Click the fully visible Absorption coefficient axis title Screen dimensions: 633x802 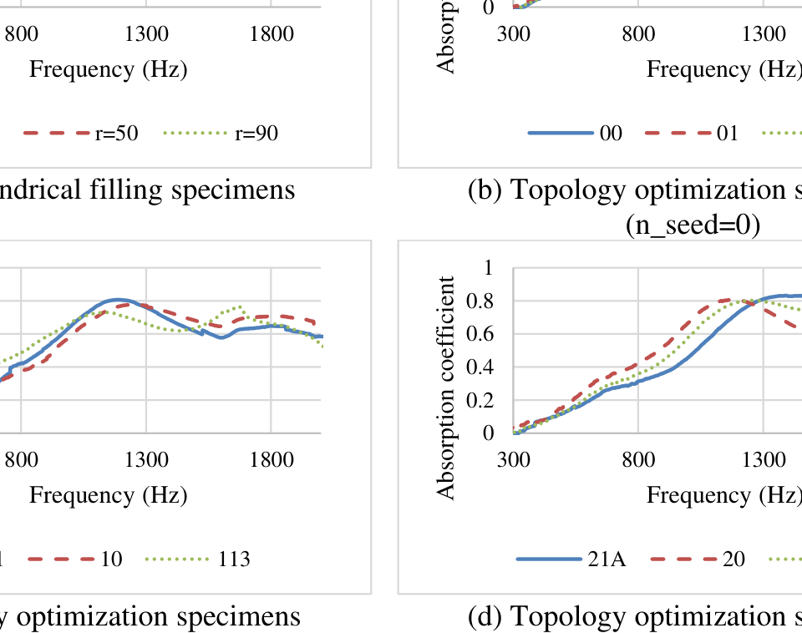447,387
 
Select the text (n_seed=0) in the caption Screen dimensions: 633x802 693,225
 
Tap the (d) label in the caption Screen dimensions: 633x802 485,616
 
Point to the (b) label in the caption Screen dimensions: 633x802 485,190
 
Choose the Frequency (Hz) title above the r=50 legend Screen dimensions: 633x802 109,69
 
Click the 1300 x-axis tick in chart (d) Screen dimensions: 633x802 763,459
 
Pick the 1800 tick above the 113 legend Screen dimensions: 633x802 272,459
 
